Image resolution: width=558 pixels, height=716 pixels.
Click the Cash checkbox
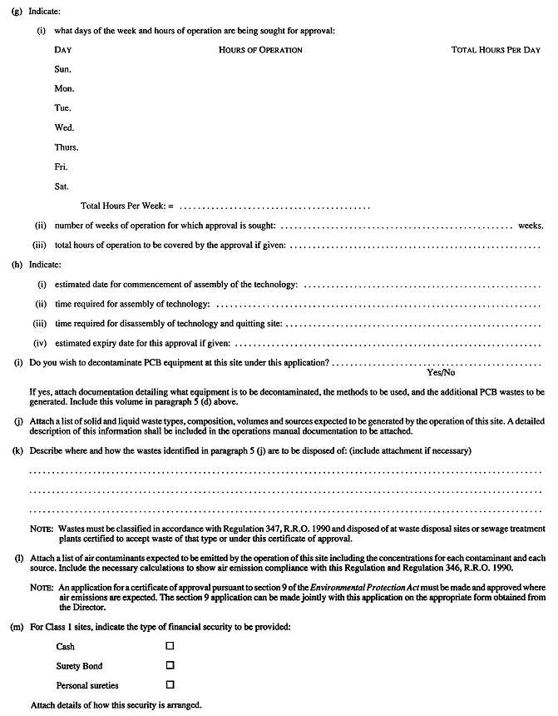click(x=170, y=646)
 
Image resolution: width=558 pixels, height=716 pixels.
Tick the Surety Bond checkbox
click(x=170, y=665)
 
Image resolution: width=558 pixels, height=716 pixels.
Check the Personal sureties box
click(x=170, y=684)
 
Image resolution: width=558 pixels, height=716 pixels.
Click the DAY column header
click(x=62, y=50)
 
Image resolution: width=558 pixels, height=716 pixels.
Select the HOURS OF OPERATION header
click(x=260, y=50)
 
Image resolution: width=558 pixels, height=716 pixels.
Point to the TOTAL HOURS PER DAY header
click(x=496, y=50)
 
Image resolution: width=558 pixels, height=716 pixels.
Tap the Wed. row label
click(x=64, y=127)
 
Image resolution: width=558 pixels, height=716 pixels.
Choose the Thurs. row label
click(x=67, y=147)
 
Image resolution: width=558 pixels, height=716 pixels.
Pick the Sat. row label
click(x=62, y=186)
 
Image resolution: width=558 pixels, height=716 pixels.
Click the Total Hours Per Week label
click(x=127, y=206)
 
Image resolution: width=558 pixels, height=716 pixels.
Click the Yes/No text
click(x=441, y=374)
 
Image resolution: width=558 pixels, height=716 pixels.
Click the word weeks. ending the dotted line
click(x=531, y=226)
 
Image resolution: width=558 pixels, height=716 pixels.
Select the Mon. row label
click(x=64, y=88)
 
